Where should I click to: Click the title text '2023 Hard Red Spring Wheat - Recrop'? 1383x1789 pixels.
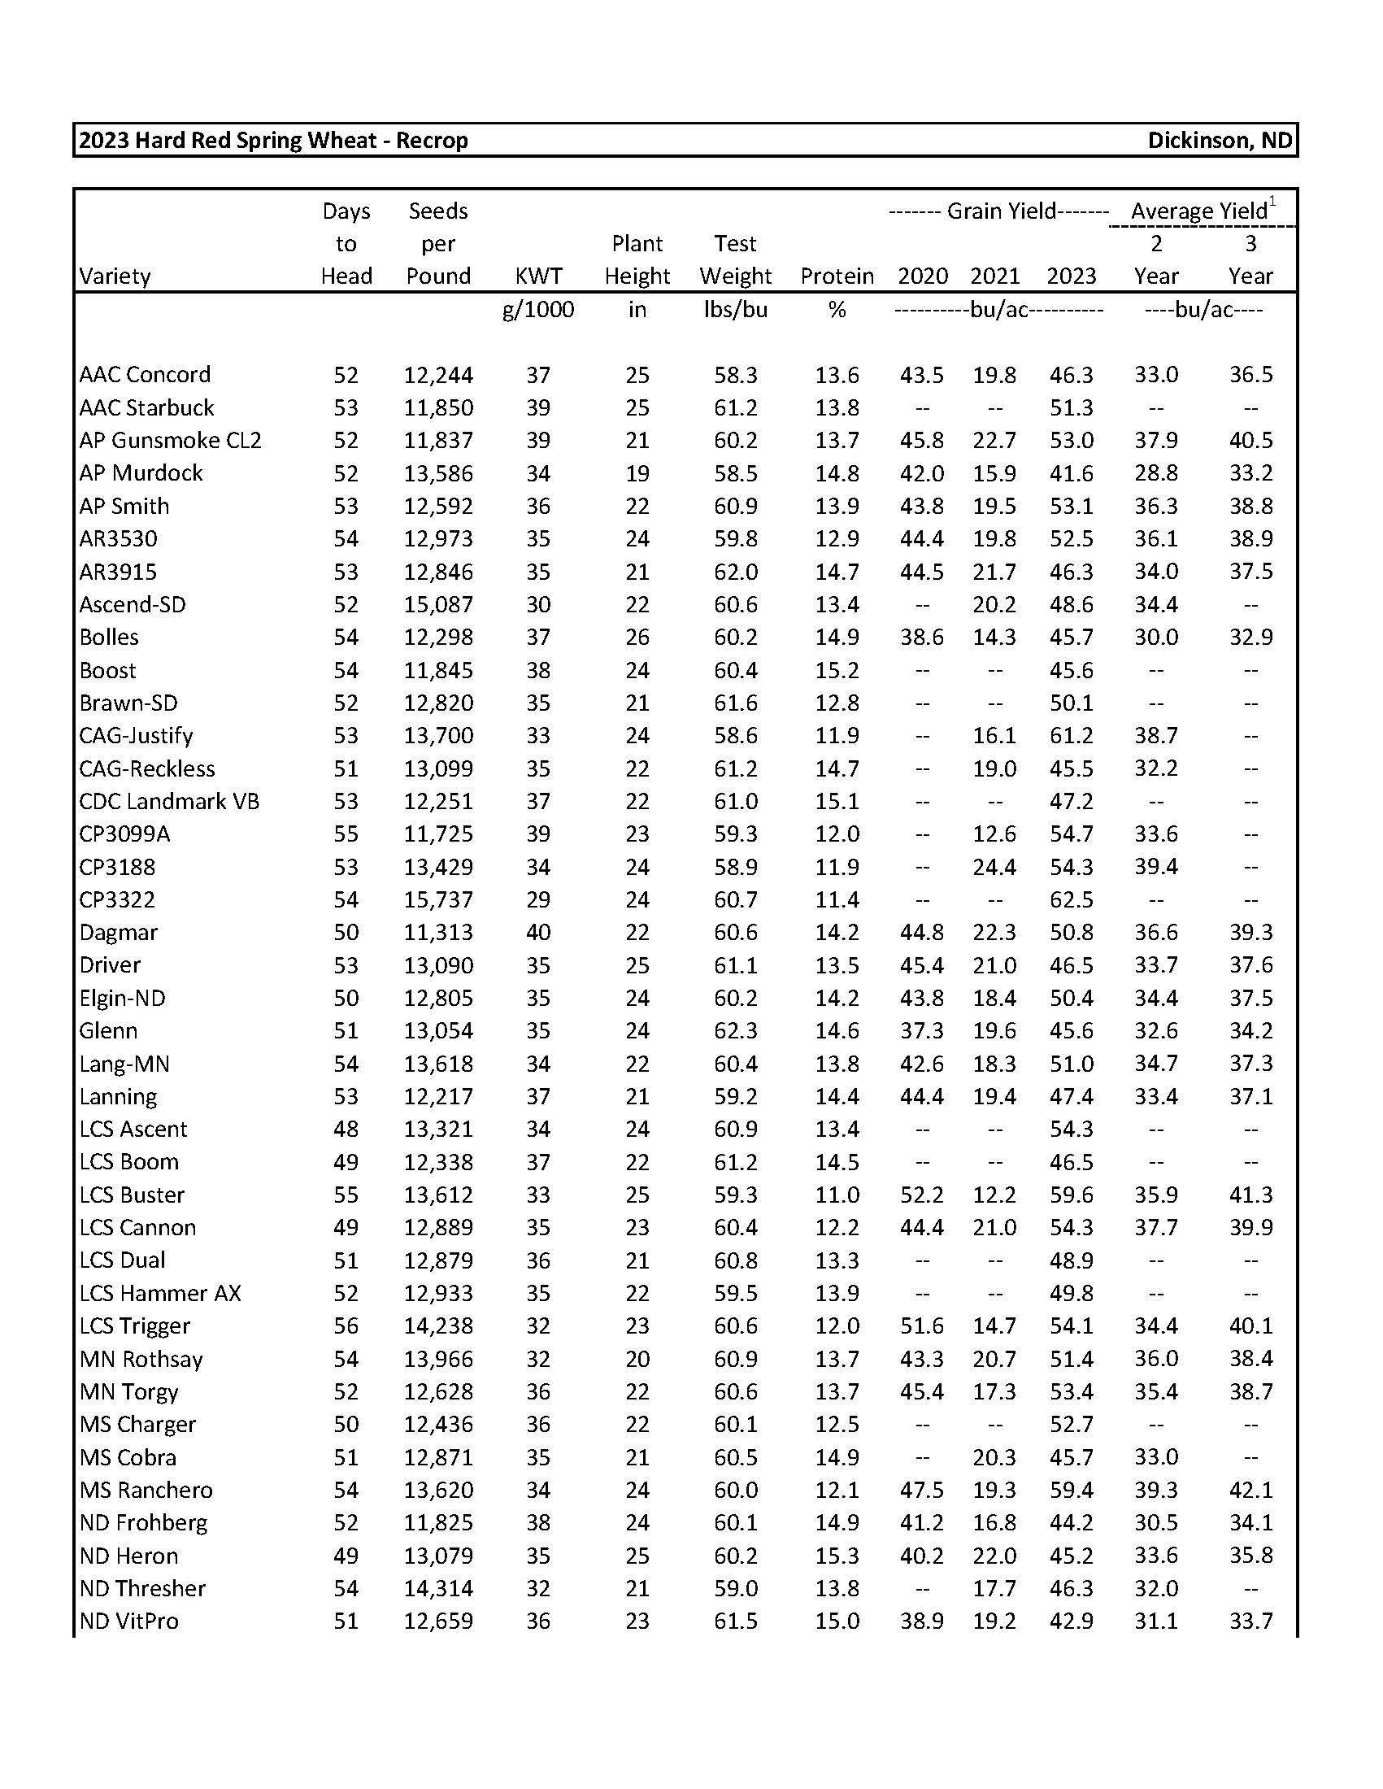point(273,140)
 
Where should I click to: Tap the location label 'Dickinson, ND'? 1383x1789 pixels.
point(1220,140)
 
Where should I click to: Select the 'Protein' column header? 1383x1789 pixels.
point(836,276)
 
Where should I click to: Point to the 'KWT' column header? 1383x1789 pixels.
point(538,276)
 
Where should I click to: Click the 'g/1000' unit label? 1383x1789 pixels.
point(538,310)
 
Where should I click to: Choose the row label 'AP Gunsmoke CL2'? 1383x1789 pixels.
point(170,441)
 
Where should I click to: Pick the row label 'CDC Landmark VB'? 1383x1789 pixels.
point(169,801)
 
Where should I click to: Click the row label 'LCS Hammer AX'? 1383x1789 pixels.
point(160,1294)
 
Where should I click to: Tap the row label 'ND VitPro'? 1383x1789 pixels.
point(128,1621)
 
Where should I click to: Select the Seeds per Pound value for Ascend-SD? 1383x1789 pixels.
point(438,604)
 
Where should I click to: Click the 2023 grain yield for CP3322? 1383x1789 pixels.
point(1071,899)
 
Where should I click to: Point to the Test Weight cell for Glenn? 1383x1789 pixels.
point(735,1030)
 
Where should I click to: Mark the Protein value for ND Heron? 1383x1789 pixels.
point(836,1556)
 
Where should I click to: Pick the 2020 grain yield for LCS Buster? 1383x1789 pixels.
point(922,1195)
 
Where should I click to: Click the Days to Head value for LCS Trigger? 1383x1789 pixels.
point(346,1326)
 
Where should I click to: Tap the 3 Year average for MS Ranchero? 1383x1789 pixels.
point(1250,1490)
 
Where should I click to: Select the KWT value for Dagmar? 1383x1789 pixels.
point(538,932)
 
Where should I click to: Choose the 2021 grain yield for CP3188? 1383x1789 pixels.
point(994,867)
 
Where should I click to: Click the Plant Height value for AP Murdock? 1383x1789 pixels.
point(637,473)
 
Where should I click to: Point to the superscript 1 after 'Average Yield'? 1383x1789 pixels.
point(1272,202)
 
